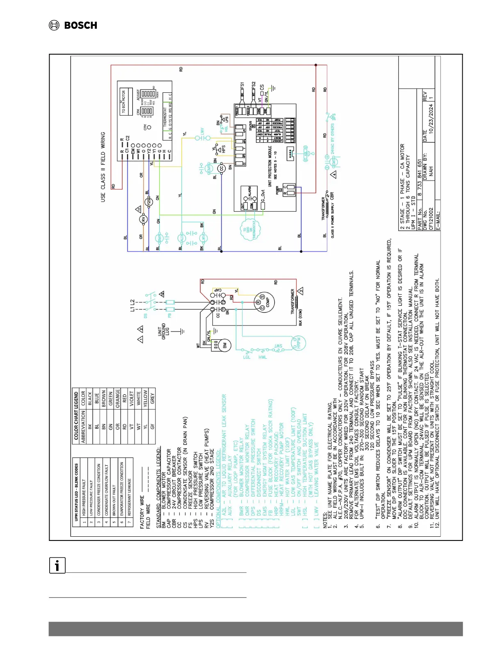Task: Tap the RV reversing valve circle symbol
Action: [144, 220]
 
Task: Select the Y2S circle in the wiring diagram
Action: [149, 201]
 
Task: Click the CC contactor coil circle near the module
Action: [222, 168]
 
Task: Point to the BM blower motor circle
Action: [224, 346]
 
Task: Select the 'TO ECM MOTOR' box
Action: [123, 102]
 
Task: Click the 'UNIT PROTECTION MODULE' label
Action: [270, 166]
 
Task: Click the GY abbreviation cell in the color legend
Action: [152, 427]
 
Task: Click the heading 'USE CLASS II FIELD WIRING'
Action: [103, 167]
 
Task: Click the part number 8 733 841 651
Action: [420, 177]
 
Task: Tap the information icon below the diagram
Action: [57, 566]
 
